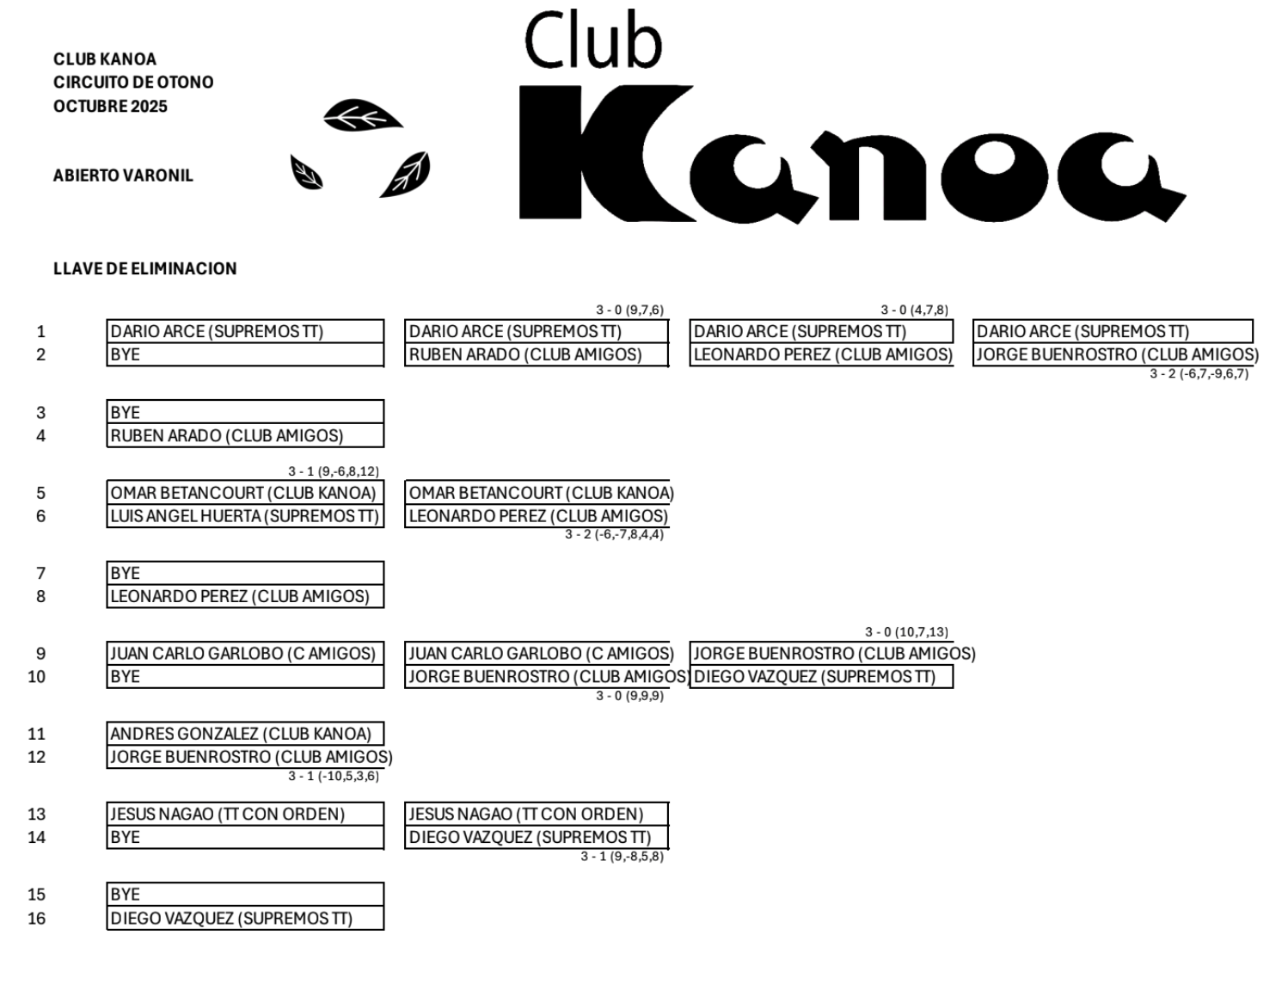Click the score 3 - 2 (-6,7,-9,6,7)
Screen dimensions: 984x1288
tap(1199, 373)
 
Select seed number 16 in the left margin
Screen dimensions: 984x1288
tap(36, 918)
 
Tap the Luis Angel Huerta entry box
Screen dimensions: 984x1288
tap(245, 516)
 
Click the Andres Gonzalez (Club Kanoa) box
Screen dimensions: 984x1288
tap(245, 734)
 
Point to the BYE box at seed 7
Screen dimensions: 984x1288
tap(245, 573)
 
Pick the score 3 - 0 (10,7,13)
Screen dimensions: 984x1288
tap(906, 632)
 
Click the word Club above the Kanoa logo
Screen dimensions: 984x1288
tap(592, 41)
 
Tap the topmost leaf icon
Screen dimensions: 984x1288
tap(362, 116)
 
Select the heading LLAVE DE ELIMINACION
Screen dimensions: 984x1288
tap(144, 268)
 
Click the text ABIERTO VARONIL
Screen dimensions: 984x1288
tap(123, 175)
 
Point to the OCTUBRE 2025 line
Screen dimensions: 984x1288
tap(110, 107)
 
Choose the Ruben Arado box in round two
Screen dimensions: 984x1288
tap(536, 354)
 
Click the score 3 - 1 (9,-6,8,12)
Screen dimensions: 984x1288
tap(333, 471)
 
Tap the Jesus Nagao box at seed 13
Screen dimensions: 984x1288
tap(245, 814)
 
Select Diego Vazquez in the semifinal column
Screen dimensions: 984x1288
tap(821, 677)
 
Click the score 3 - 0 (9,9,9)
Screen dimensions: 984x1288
tap(629, 696)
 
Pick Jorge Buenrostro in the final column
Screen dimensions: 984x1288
tap(1116, 354)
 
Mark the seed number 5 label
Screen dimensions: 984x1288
tap(40, 493)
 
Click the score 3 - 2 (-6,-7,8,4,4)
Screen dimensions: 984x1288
tap(614, 535)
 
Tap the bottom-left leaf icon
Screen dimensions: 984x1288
tap(306, 174)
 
